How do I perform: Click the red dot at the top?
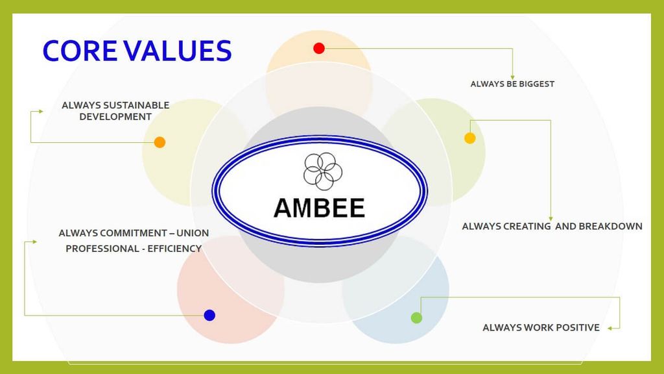pos(319,48)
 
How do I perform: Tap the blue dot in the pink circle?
pos(209,315)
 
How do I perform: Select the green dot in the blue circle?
pos(417,318)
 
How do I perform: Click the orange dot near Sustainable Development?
pos(160,142)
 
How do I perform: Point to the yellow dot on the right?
pos(470,138)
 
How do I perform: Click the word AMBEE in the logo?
pos(319,208)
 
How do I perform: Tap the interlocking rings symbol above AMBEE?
pos(323,171)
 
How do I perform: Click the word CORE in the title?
pos(80,51)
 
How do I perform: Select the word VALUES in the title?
pos(178,51)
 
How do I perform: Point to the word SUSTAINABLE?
pos(136,105)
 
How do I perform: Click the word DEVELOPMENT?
pos(115,117)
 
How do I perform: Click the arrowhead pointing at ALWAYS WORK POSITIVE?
pos(610,328)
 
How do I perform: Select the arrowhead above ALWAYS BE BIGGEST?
pos(512,77)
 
